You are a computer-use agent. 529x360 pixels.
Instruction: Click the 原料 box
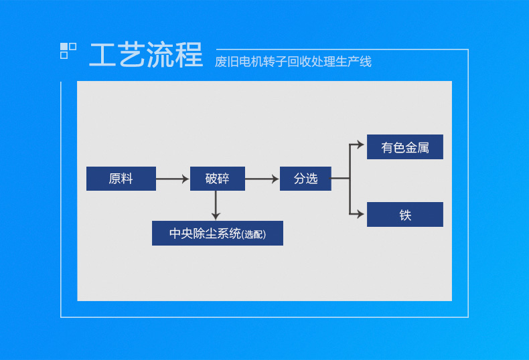click(x=121, y=179)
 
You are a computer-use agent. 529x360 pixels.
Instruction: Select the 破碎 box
click(x=217, y=179)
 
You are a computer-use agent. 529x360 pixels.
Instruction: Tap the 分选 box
click(x=305, y=179)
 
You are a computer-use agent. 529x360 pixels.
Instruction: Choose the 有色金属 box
click(x=405, y=147)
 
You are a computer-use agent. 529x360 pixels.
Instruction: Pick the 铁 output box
click(x=405, y=215)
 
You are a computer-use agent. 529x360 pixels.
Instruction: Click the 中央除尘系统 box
click(x=217, y=234)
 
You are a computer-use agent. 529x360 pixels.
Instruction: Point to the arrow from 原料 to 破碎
click(x=173, y=179)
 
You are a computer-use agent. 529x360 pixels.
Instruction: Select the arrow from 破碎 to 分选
click(x=262, y=179)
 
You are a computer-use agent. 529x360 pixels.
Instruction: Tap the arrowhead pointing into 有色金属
click(x=362, y=143)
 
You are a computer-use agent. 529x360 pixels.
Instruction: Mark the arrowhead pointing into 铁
click(x=362, y=214)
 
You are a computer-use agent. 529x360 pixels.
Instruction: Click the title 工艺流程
click(x=146, y=56)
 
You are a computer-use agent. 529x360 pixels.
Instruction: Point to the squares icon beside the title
click(x=68, y=50)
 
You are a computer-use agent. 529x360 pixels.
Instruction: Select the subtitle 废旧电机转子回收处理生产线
click(x=293, y=62)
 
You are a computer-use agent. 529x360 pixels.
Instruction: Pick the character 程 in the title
click(x=190, y=56)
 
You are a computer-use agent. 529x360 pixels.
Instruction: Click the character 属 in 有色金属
click(x=423, y=147)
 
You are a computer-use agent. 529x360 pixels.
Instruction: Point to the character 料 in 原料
click(x=127, y=179)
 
